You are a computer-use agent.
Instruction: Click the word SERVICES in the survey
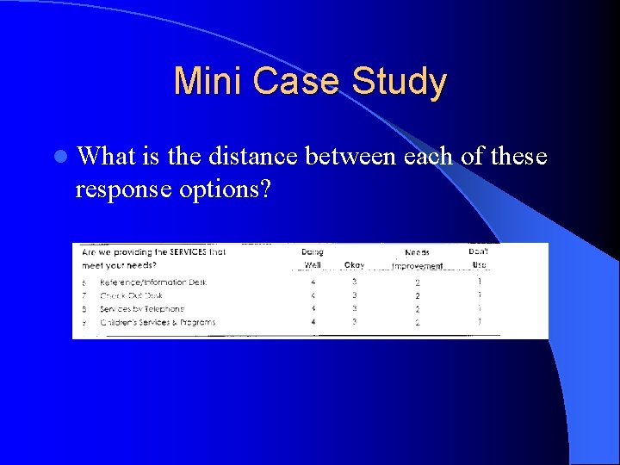(x=183, y=252)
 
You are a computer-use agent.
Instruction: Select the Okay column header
(x=354, y=265)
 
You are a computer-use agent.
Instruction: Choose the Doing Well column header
(x=313, y=258)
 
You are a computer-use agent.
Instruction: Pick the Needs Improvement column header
(x=417, y=259)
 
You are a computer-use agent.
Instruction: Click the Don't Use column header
(x=479, y=257)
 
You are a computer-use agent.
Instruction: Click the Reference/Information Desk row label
(x=153, y=282)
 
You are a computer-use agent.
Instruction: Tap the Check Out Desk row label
(x=131, y=295)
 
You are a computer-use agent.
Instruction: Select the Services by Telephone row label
(x=142, y=308)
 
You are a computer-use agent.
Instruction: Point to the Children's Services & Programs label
(x=158, y=322)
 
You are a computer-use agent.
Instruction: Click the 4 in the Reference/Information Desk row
(x=313, y=282)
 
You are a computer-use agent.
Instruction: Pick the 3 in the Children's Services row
(x=354, y=322)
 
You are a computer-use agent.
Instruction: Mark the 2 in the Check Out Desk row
(x=417, y=295)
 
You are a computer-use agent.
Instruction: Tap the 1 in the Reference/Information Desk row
(x=480, y=282)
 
